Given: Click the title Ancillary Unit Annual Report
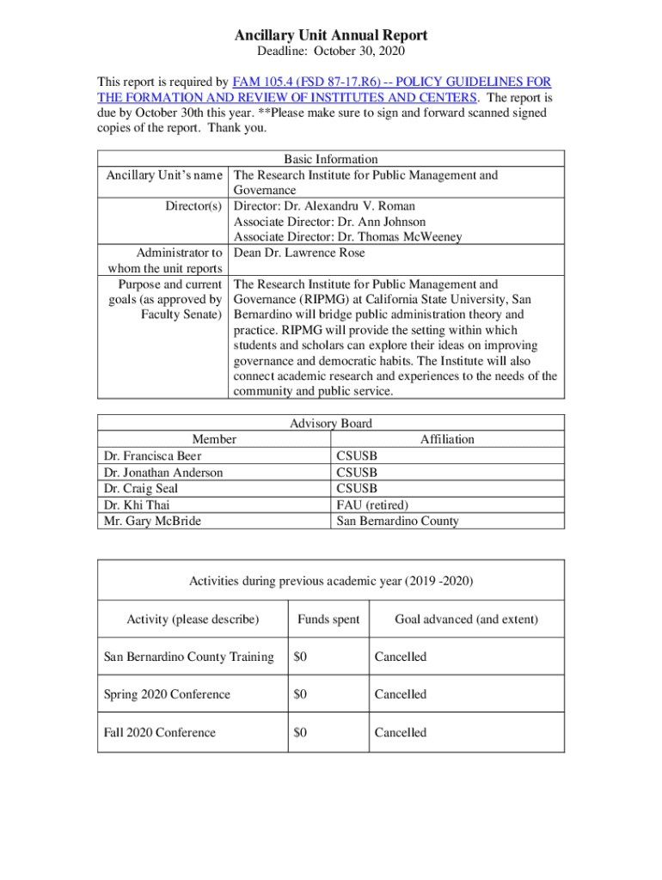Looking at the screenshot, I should point(331,35).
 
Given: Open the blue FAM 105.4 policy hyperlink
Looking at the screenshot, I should point(391,82).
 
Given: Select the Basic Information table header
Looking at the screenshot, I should point(331,159).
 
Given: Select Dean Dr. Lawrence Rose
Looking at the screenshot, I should point(299,253).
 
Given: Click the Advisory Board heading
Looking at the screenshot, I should point(331,423).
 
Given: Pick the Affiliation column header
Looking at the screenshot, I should point(447,439).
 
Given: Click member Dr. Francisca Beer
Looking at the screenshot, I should point(152,456).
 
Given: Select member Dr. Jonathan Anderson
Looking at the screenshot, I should point(162,473).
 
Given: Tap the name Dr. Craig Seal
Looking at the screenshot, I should point(141,488).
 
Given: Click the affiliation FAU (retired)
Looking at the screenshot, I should point(372,504).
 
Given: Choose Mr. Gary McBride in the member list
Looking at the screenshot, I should point(152,521).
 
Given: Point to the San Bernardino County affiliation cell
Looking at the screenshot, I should point(397,521).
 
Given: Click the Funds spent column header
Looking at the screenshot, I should point(328,620).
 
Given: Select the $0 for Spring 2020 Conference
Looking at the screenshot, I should point(300,694).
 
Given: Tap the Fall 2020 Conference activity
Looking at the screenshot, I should point(159,732).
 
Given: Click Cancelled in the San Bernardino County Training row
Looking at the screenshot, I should point(400,657).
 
